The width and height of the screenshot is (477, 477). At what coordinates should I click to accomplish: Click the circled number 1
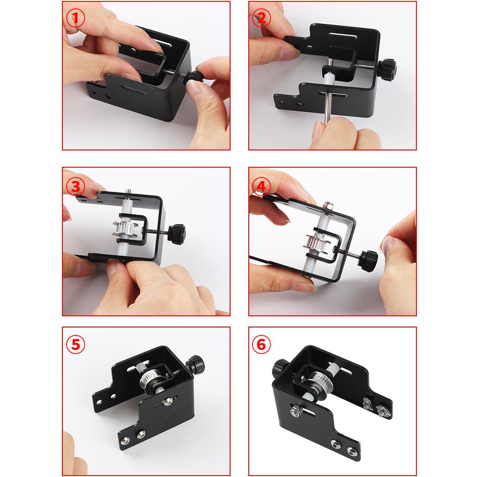pyautogui.click(x=75, y=18)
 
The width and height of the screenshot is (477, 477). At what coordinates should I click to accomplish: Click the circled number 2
pyautogui.click(x=261, y=18)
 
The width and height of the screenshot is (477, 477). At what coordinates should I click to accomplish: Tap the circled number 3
pyautogui.click(x=75, y=186)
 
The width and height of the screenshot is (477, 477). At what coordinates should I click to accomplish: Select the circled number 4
pyautogui.click(x=261, y=186)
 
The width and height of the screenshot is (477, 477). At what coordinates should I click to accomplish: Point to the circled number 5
pyautogui.click(x=75, y=345)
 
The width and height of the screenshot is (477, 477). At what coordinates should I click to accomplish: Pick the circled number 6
pyautogui.click(x=261, y=345)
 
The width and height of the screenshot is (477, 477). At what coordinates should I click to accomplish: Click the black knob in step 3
pyautogui.click(x=177, y=235)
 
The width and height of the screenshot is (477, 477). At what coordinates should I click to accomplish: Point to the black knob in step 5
pyautogui.click(x=196, y=365)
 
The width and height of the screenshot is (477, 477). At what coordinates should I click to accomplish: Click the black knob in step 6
pyautogui.click(x=280, y=367)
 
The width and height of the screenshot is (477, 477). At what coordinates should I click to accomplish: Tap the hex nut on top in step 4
pyautogui.click(x=328, y=206)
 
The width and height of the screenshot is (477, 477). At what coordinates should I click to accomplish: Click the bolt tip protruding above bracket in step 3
pyautogui.click(x=128, y=193)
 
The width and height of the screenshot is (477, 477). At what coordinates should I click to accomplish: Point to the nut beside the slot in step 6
pyautogui.click(x=296, y=411)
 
